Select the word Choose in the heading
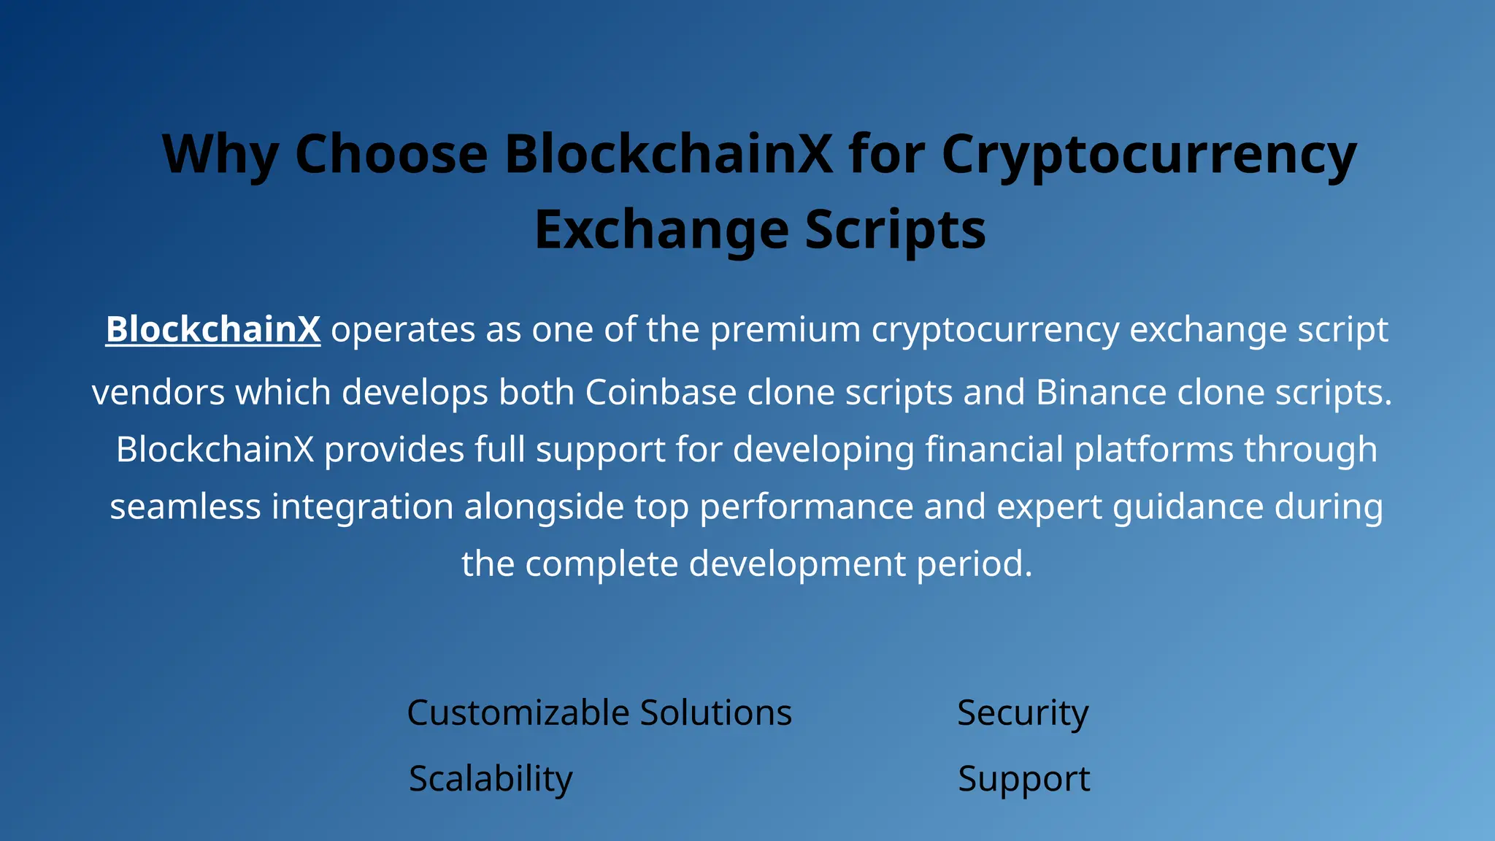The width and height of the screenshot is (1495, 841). [x=391, y=155]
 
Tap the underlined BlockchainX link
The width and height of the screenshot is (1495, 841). [x=213, y=329]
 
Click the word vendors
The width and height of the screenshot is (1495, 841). [x=158, y=392]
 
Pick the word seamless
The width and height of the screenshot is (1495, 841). [x=185, y=506]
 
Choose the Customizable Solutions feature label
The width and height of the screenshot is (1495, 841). [x=599, y=713]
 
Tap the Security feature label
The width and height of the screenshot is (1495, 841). [x=1022, y=713]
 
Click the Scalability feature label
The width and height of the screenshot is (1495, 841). [x=491, y=778]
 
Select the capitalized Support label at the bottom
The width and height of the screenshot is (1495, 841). [x=1023, y=778]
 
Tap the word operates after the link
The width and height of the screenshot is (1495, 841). [x=404, y=329]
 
